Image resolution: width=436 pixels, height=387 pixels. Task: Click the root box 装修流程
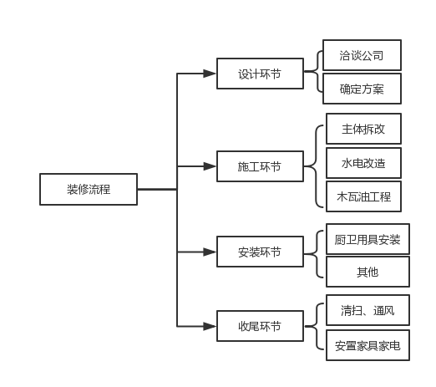[x=89, y=189]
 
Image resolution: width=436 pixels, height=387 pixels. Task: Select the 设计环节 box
[x=259, y=74]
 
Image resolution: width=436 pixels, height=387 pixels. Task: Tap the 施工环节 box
[x=259, y=167]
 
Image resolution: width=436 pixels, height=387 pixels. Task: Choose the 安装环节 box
[x=259, y=252]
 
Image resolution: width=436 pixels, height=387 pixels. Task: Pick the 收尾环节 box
[x=259, y=326]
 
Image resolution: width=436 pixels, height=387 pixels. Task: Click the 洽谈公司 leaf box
[x=362, y=55]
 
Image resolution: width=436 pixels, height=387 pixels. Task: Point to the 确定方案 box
[x=362, y=88]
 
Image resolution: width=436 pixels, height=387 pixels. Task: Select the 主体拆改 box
[x=363, y=130]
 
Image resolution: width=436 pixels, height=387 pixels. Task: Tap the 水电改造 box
[x=363, y=163]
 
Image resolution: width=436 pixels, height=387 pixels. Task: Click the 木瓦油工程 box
[x=363, y=197]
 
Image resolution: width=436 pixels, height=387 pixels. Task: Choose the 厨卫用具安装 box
[x=367, y=239]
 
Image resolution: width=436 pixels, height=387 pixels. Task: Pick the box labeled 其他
[x=367, y=272]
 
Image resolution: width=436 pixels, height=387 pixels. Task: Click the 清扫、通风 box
[x=367, y=310]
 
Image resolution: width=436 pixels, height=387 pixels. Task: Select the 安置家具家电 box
[x=367, y=344]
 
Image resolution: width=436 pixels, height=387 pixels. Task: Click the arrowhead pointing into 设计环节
[x=210, y=74]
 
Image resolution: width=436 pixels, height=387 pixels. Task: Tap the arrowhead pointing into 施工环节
[x=210, y=167]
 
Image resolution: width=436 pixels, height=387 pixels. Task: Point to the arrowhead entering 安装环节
[x=210, y=252]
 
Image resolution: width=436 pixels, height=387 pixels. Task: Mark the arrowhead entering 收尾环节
[x=210, y=326]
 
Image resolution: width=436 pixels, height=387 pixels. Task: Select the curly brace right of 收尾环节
[x=316, y=327]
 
